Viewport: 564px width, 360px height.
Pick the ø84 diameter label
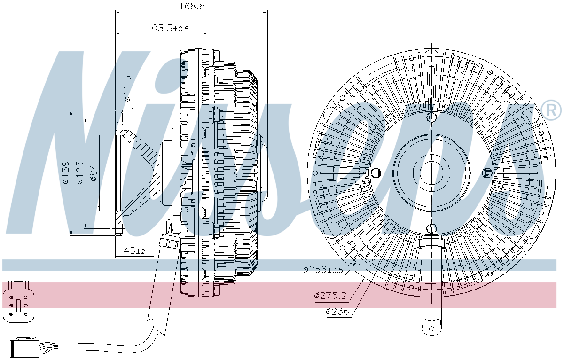coord(94,172)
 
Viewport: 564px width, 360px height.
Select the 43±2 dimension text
coord(134,251)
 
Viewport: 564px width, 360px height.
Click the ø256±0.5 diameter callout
coord(323,270)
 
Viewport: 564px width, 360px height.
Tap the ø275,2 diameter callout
coord(330,296)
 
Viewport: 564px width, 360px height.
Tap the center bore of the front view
coord(431,172)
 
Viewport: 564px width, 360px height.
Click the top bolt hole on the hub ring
coord(431,117)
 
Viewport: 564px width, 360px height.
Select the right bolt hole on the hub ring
coord(487,173)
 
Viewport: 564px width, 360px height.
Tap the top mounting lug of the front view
coord(431,56)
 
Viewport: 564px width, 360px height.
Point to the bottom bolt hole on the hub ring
coord(431,228)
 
